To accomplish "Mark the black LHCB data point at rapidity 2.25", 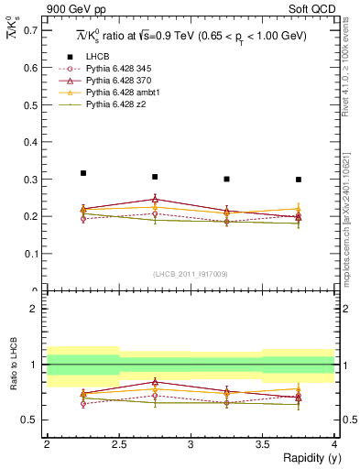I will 83,173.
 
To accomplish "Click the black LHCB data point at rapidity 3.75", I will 299,180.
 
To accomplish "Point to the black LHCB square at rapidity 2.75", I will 155,177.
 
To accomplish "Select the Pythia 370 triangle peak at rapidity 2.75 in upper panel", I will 155,199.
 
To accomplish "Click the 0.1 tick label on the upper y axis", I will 32,254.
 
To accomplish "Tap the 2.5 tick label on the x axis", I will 119,444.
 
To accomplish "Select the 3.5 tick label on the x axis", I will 263,444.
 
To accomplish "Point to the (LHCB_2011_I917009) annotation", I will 190,273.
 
